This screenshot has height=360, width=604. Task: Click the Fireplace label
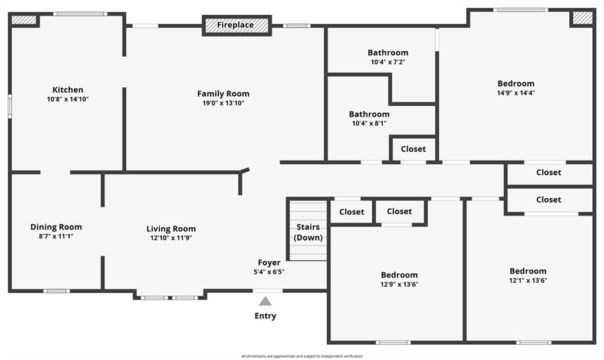(x=235, y=25)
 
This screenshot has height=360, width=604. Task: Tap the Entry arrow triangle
(x=265, y=301)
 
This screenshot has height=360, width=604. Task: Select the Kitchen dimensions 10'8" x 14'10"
(x=68, y=99)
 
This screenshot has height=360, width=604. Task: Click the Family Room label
(x=223, y=94)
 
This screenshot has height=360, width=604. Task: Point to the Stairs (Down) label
(x=308, y=232)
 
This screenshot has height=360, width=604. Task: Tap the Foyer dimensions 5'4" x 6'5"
(x=269, y=271)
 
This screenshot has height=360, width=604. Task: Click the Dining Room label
(x=56, y=227)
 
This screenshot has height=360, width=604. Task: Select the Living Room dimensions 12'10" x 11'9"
(x=171, y=238)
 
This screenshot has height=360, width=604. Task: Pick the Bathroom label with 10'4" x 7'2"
(x=388, y=53)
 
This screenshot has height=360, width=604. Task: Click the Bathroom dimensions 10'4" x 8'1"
(x=369, y=123)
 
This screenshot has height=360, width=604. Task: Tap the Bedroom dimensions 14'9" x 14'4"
(x=516, y=93)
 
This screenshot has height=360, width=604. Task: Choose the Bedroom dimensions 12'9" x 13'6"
(x=399, y=284)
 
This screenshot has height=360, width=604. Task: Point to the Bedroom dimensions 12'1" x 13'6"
(x=528, y=280)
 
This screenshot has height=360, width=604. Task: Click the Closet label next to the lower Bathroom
(x=413, y=149)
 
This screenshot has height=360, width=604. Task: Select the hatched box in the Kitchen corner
(x=24, y=19)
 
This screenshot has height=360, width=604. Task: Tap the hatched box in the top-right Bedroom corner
(x=582, y=18)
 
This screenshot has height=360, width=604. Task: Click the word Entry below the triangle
(x=265, y=316)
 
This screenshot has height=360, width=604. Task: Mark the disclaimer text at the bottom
(x=302, y=356)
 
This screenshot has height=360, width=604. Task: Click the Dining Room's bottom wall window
(x=56, y=291)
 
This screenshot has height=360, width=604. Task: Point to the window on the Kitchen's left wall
(x=10, y=106)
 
